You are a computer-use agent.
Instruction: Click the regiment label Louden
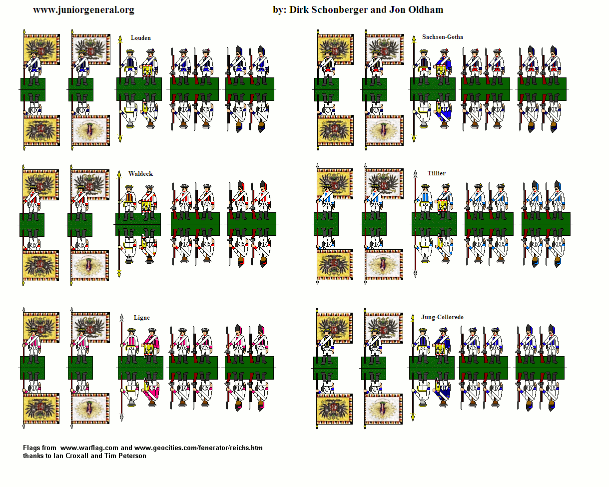(141, 38)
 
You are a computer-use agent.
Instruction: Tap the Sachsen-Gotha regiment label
(442, 37)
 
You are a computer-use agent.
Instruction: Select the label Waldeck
(141, 174)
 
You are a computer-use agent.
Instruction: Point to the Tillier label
(436, 173)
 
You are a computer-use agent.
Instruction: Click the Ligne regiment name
(141, 318)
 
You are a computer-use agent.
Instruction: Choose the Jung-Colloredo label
(442, 317)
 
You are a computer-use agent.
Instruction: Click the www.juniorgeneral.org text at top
(83, 10)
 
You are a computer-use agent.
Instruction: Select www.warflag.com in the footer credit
(89, 448)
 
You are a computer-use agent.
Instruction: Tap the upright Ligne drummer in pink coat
(151, 346)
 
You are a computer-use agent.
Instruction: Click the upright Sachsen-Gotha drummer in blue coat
(443, 67)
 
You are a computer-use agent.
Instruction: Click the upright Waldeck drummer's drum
(146, 207)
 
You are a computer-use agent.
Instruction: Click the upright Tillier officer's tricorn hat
(425, 187)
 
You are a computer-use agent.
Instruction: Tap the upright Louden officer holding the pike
(129, 67)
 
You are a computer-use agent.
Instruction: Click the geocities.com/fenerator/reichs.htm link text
(198, 448)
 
